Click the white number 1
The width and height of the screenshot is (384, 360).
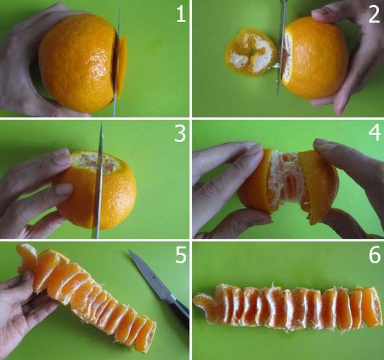(x=181, y=14)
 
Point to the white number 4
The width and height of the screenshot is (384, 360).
(x=375, y=133)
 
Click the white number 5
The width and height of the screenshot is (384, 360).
(x=181, y=256)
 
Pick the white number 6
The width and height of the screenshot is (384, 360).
(x=375, y=255)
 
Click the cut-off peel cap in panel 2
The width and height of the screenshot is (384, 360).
(x=250, y=52)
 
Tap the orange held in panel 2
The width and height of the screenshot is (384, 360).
(x=315, y=58)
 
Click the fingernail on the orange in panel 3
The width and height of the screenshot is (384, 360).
(x=63, y=189)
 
